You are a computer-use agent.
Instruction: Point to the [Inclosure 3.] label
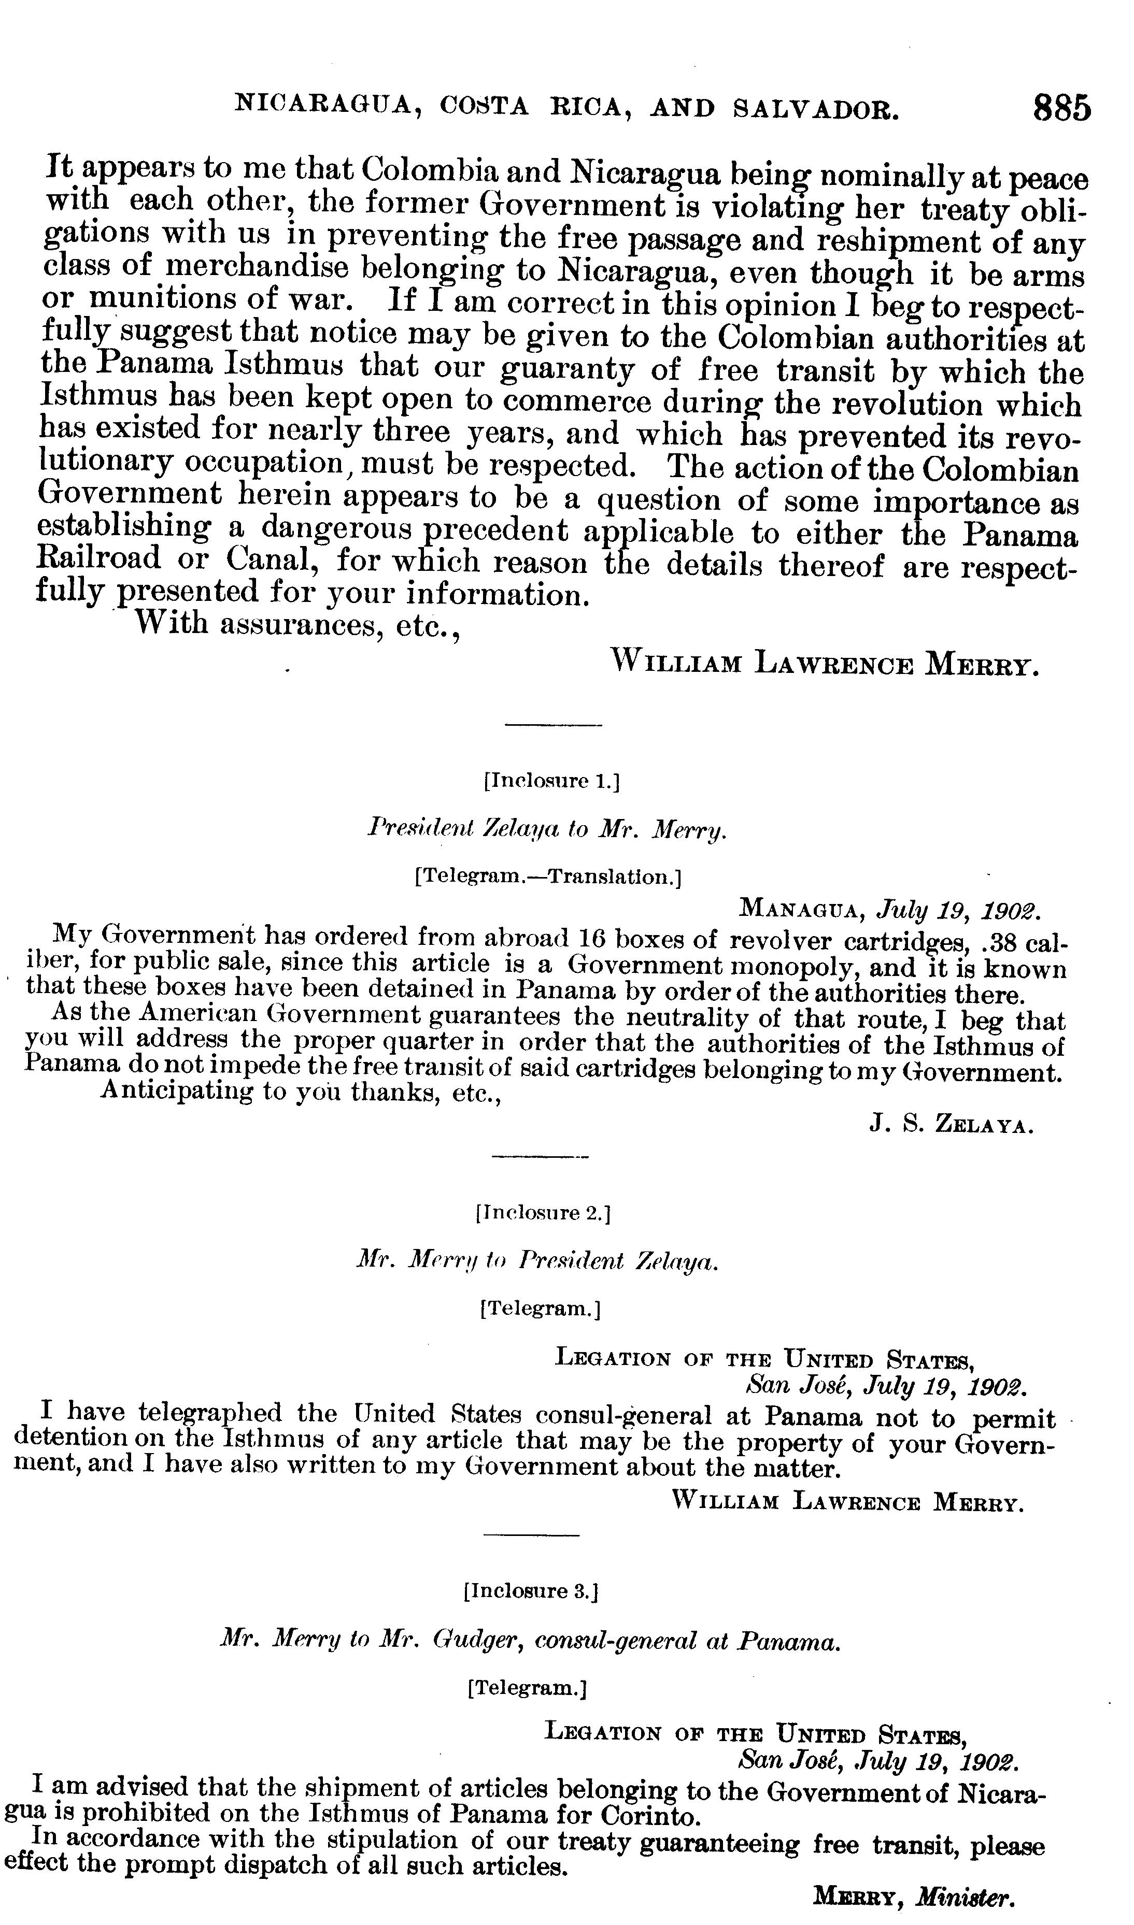coord(530,1591)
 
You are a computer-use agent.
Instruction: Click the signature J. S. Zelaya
coord(952,1125)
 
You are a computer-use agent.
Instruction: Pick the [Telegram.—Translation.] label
coord(547,877)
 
